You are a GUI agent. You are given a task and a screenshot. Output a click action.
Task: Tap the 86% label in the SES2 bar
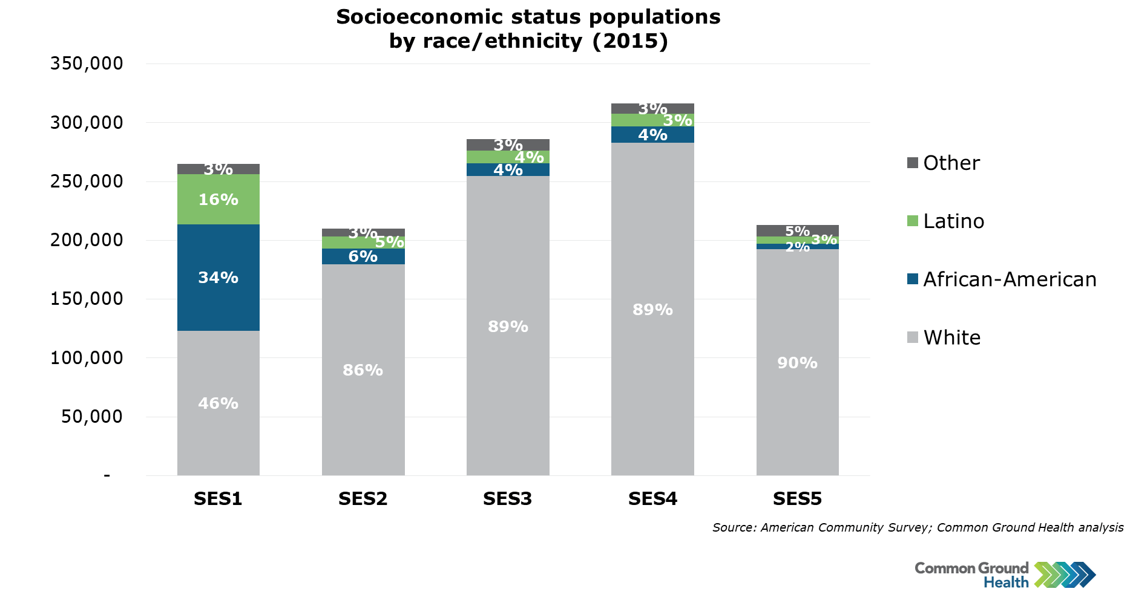(x=363, y=370)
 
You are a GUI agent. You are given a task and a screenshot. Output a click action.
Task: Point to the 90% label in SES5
(x=797, y=363)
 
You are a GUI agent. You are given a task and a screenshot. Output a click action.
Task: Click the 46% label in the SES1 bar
(x=218, y=403)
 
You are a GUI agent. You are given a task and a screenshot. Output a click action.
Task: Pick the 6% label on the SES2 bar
(x=363, y=256)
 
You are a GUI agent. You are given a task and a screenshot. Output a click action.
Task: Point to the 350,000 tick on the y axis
(x=87, y=64)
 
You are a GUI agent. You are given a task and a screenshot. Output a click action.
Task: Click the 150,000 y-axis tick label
(x=87, y=299)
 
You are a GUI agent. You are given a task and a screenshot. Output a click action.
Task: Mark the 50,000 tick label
(x=91, y=417)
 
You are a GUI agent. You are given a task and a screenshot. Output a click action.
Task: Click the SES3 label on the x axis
(x=507, y=499)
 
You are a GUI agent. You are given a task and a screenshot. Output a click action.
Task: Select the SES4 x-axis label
(x=652, y=499)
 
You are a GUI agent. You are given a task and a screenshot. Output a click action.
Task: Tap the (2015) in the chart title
(x=630, y=41)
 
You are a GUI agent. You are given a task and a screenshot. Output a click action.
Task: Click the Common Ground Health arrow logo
(x=1065, y=575)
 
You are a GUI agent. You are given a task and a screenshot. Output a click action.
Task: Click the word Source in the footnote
(x=733, y=527)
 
